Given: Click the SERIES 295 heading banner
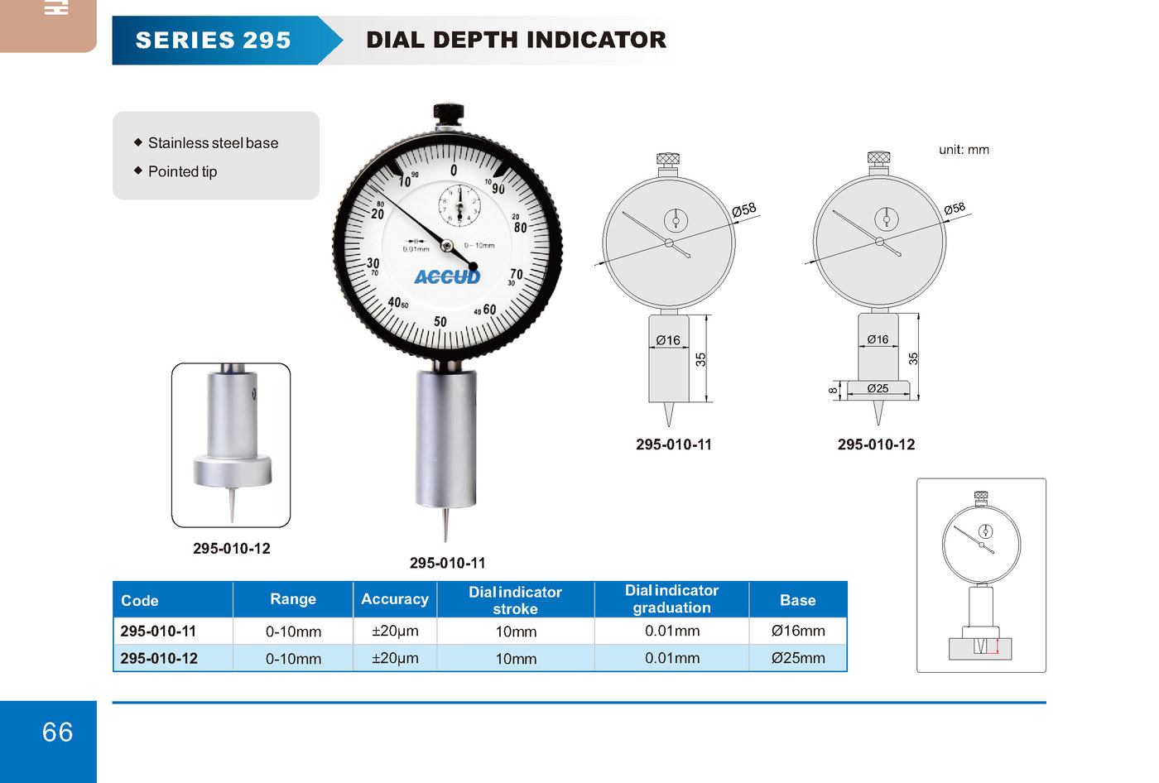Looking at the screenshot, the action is [227, 41].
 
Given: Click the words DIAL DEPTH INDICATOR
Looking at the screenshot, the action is [516, 40].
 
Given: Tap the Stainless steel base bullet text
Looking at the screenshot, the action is [213, 142].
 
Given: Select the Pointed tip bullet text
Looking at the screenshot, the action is [182, 171].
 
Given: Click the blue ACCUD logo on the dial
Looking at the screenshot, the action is [447, 277].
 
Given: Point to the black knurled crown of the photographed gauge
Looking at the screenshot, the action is [448, 113].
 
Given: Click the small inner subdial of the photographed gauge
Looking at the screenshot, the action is [459, 206].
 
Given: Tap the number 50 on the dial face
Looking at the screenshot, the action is [440, 322].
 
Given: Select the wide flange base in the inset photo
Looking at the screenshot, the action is [233, 470].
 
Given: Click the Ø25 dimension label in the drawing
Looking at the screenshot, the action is [878, 388].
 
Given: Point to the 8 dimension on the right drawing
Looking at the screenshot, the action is [833, 391].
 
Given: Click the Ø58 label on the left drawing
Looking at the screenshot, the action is [744, 209].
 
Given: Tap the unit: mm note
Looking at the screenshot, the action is [964, 150].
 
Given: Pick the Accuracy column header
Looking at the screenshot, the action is [395, 599].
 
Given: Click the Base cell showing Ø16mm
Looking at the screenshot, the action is [798, 631].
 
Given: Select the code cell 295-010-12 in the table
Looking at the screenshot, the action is [159, 658].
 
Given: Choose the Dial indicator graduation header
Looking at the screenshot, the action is [671, 599].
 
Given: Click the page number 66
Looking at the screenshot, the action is [57, 733].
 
